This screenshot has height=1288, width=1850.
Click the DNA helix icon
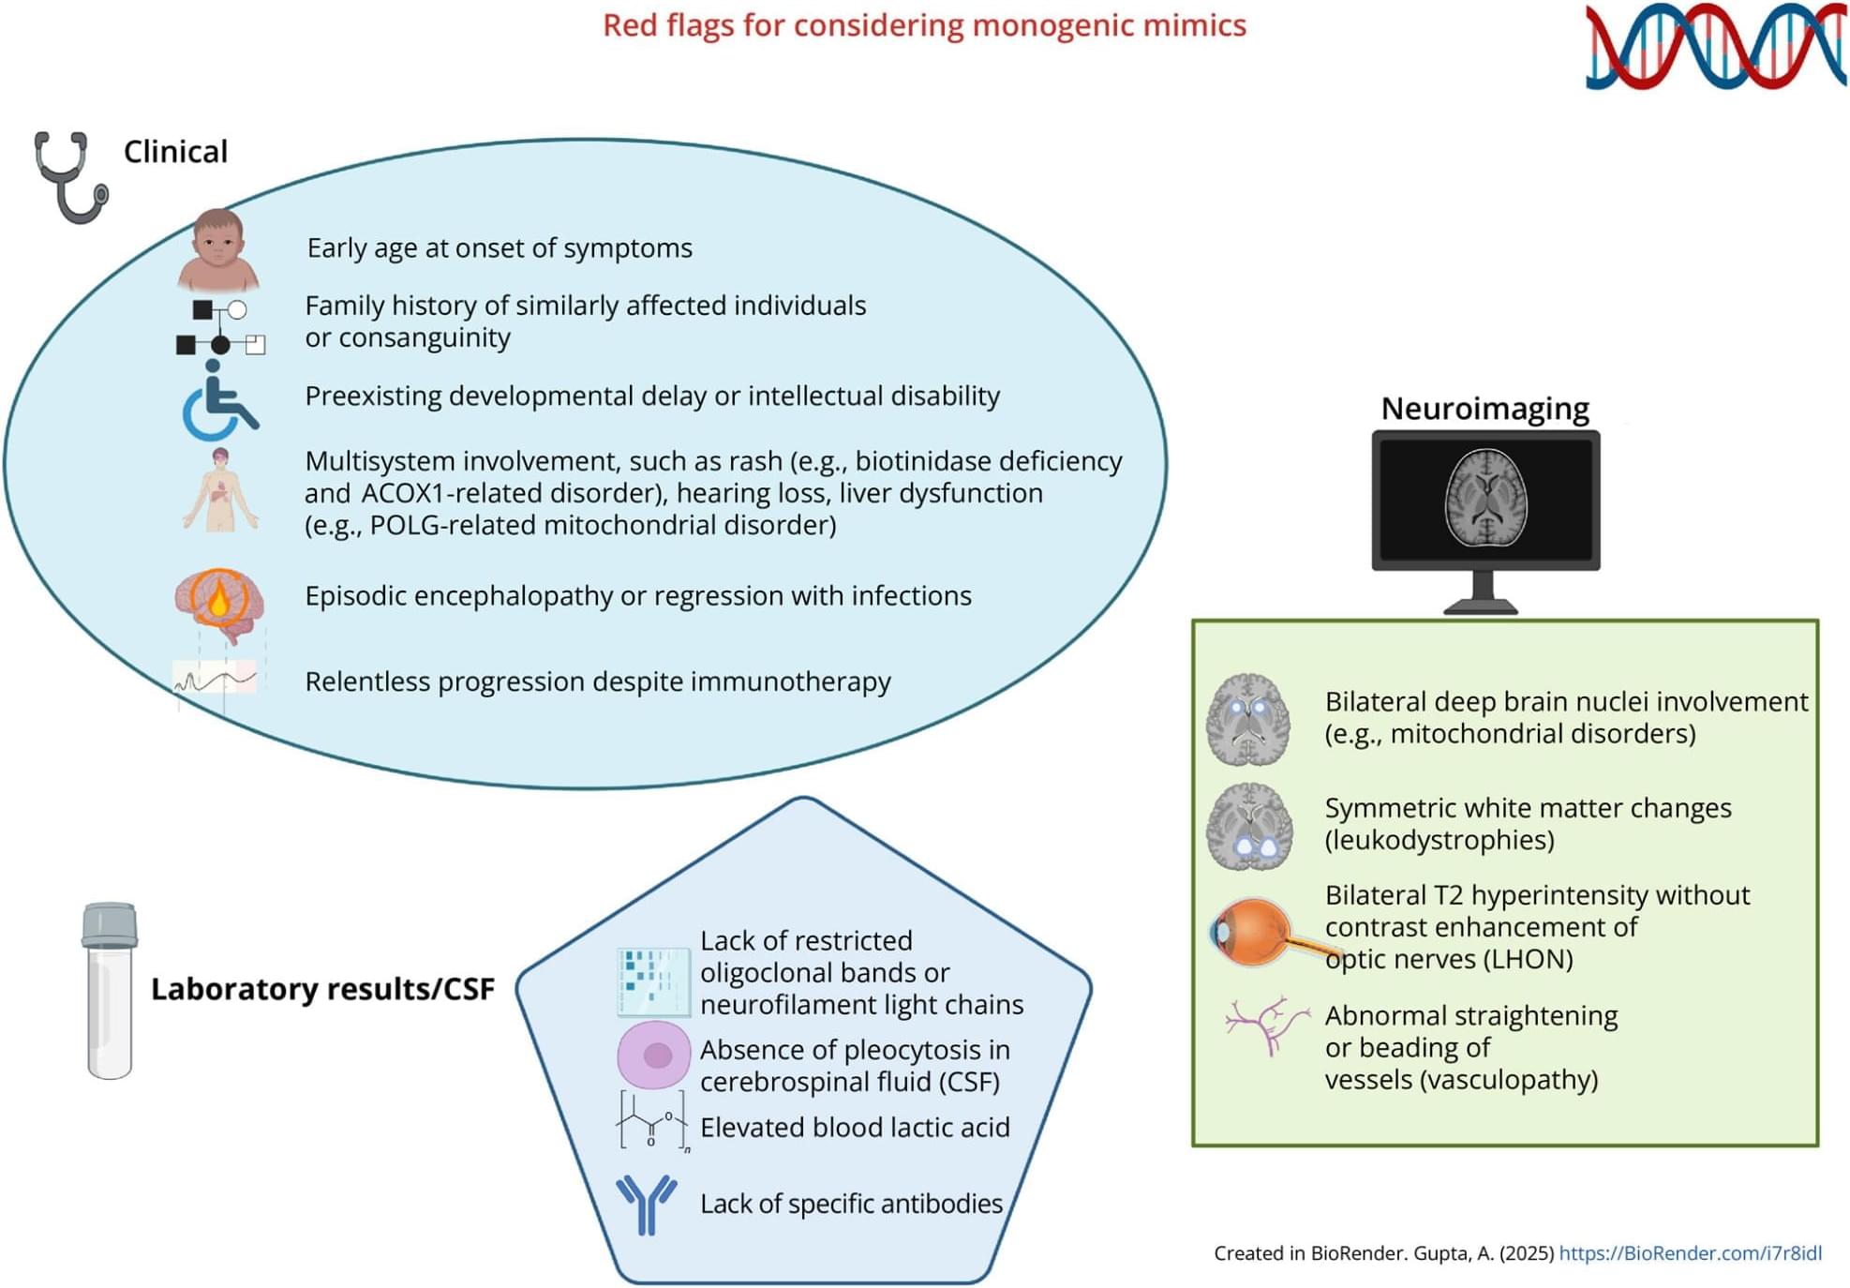coord(1715,47)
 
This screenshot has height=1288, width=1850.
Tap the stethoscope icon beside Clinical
coord(70,176)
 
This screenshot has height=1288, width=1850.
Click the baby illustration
coord(218,248)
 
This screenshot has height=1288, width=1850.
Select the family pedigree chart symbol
coord(220,327)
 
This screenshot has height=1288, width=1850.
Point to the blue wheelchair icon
coord(218,403)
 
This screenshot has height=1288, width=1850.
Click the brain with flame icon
coord(219,603)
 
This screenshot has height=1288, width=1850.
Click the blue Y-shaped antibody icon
coord(646,1204)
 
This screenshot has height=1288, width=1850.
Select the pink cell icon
coord(654,1056)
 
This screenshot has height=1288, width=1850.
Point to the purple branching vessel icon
coord(1266,1026)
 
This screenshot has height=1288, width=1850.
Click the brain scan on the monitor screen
coord(1485,497)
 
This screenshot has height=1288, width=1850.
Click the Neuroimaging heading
coord(1484,409)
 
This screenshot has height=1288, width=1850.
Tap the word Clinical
coord(175,152)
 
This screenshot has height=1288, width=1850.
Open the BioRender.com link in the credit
coord(1690,1253)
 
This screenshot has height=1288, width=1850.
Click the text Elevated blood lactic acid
coord(855,1128)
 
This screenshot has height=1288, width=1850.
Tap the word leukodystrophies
coord(1440,840)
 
